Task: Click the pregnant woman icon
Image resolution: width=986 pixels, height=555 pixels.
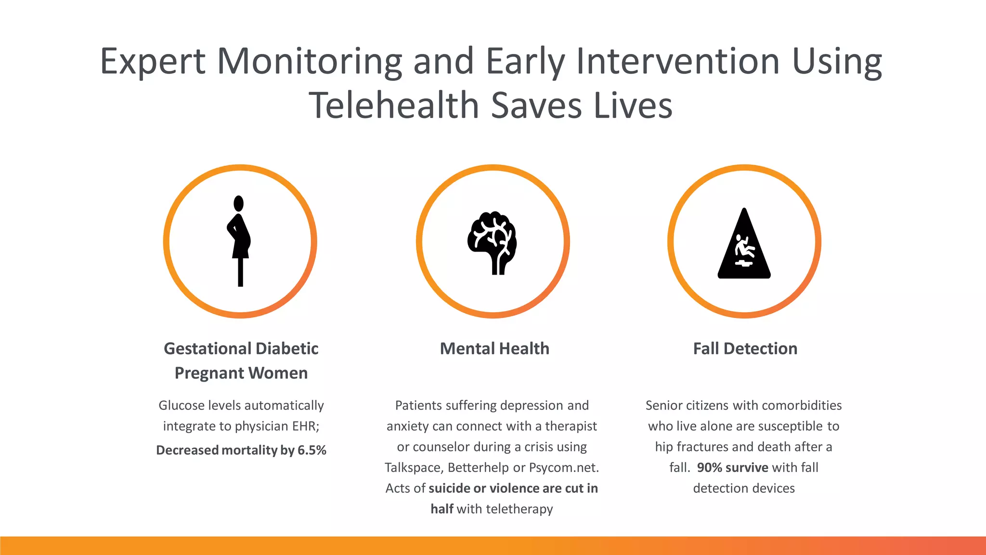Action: click(x=239, y=241)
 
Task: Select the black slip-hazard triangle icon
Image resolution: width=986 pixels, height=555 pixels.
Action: click(x=744, y=246)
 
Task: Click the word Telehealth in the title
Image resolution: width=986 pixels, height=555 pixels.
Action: click(x=393, y=106)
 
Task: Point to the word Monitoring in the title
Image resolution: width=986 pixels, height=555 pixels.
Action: click(x=309, y=61)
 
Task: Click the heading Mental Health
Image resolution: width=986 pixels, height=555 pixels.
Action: click(x=494, y=348)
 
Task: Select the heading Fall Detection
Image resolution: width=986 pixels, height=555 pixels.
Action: click(x=745, y=348)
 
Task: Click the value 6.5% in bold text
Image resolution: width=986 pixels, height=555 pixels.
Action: click(x=312, y=450)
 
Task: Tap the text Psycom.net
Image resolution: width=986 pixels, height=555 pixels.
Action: click(x=564, y=467)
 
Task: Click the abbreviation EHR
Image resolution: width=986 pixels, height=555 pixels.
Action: click(x=305, y=426)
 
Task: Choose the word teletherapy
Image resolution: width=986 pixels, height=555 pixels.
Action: click(x=519, y=509)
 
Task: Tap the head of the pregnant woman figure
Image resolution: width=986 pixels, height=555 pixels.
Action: click(x=238, y=203)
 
